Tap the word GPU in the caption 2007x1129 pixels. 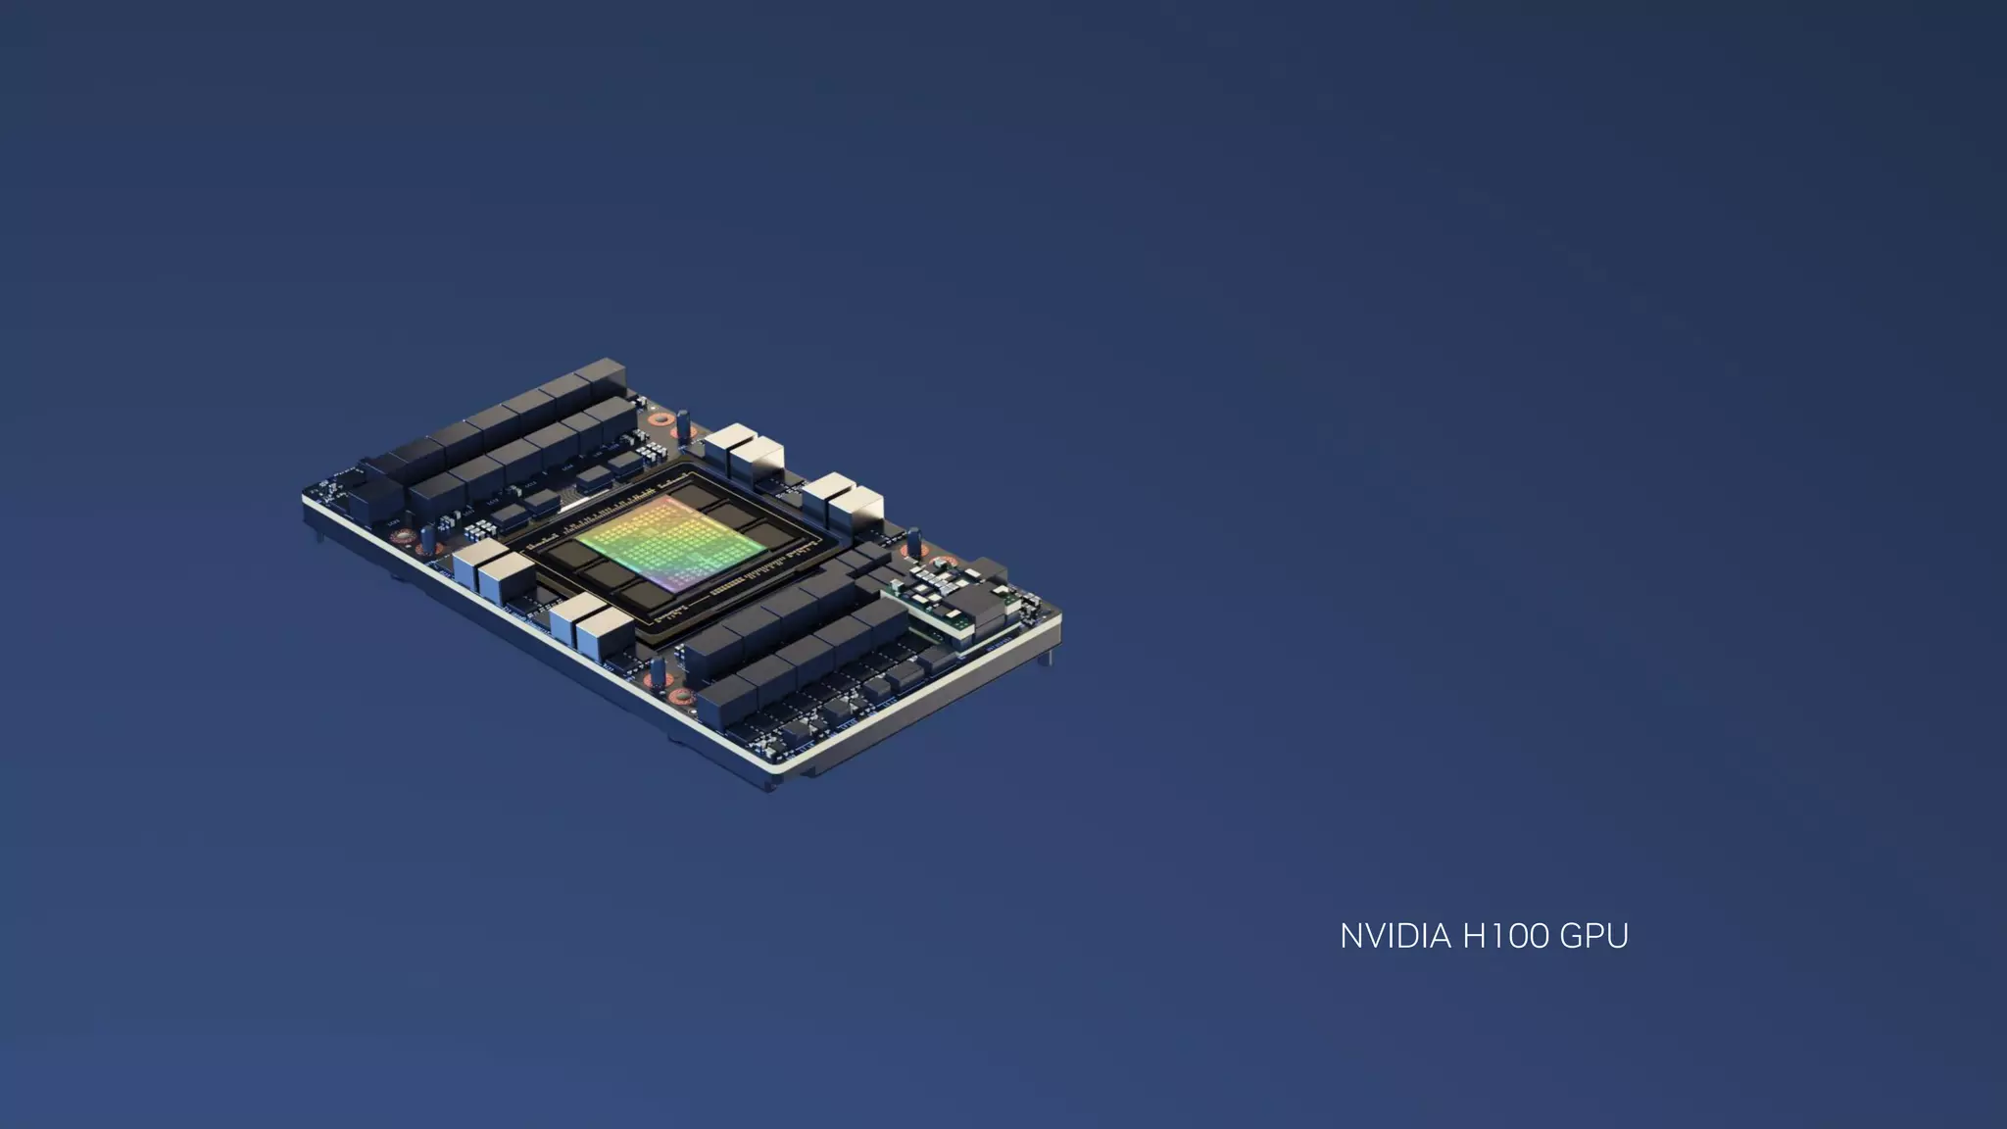1593,936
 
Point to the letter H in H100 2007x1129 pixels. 1475,936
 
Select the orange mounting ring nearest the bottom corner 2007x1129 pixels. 682,697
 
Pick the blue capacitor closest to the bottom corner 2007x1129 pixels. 658,670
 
